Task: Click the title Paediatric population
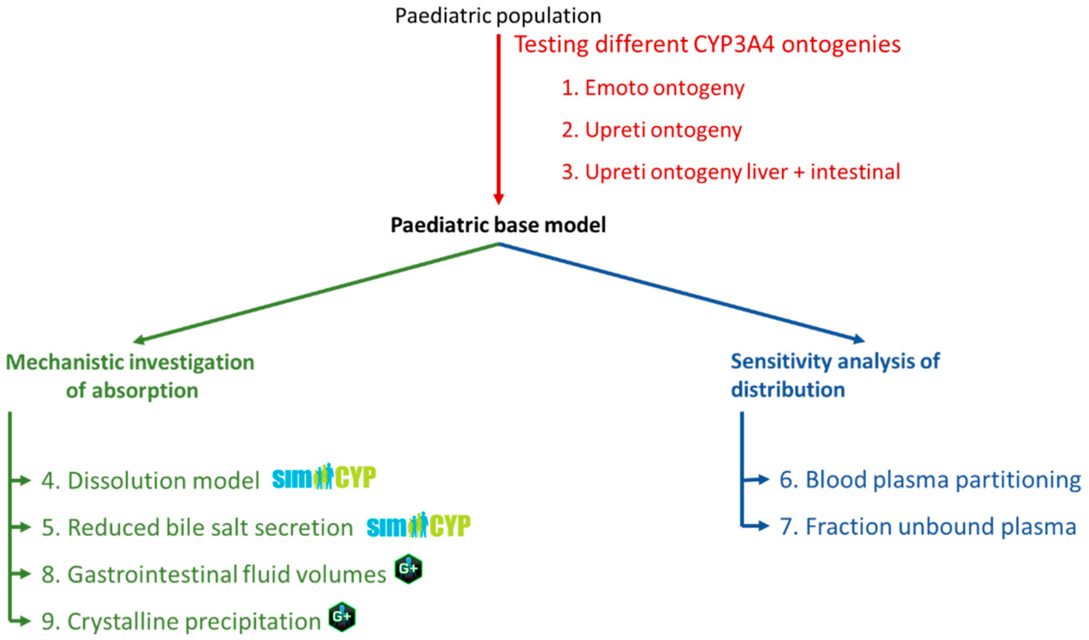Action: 498,16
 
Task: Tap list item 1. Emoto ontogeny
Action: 653,88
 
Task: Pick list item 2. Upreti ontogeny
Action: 652,130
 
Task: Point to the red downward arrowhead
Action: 498,199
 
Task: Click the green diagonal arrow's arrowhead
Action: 139,340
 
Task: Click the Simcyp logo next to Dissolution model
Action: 324,477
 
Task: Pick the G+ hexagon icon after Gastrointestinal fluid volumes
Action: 408,569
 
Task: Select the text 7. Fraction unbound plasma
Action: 927,527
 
